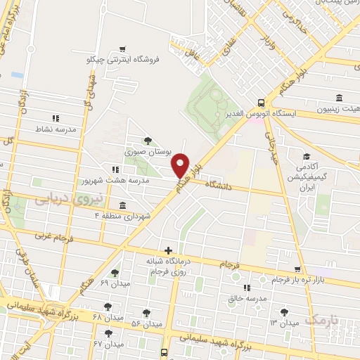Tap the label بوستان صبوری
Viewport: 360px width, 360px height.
coord(143,152)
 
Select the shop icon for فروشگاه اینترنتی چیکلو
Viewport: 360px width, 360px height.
coord(124,49)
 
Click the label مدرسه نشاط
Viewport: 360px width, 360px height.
coord(56,130)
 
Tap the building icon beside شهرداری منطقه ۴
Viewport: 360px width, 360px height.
coord(123,206)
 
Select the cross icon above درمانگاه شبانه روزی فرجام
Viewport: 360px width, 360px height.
coord(168,250)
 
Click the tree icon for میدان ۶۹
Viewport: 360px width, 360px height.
coord(115,273)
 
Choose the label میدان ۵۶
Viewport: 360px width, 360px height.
coord(147,324)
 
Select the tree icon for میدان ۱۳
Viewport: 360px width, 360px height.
coord(284,312)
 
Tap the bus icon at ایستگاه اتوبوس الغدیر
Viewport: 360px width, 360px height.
coord(261,102)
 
